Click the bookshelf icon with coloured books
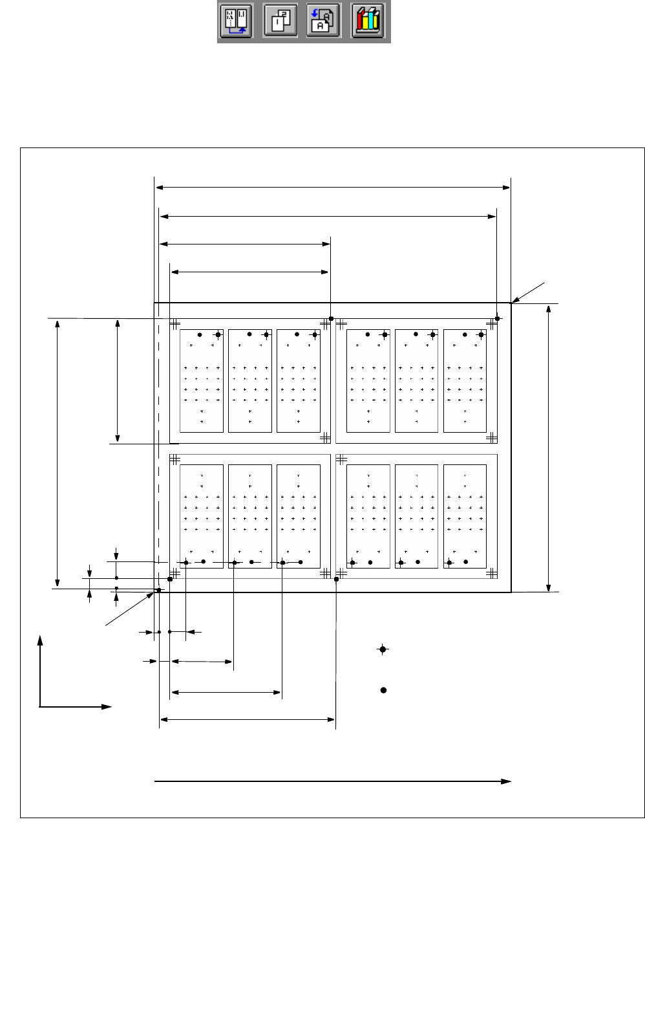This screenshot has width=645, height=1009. click(368, 21)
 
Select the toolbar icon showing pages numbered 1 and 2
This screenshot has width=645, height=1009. click(280, 21)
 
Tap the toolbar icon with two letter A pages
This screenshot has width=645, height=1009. click(323, 21)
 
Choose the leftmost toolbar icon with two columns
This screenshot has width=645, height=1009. click(237, 21)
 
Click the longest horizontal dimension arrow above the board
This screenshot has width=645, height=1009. click(333, 188)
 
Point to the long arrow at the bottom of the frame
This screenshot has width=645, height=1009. click(333, 781)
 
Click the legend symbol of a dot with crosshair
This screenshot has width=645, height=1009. click(383, 649)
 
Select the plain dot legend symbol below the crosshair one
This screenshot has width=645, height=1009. click(383, 690)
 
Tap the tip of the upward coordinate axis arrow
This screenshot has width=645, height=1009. click(40, 638)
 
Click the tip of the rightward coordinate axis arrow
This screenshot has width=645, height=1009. click(110, 707)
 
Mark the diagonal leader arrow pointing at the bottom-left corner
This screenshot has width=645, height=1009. click(129, 609)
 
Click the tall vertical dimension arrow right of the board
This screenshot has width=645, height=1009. click(549, 448)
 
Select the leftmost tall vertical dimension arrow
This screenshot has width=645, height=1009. click(58, 453)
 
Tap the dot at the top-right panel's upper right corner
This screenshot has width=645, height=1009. click(497, 318)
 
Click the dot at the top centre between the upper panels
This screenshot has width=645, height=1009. click(331, 318)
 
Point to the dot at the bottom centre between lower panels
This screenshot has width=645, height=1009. click(336, 579)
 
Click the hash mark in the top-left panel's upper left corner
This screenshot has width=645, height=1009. click(174, 324)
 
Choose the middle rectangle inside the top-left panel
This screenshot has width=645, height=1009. click(249, 380)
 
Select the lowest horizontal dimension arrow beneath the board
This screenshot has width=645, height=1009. click(248, 719)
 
